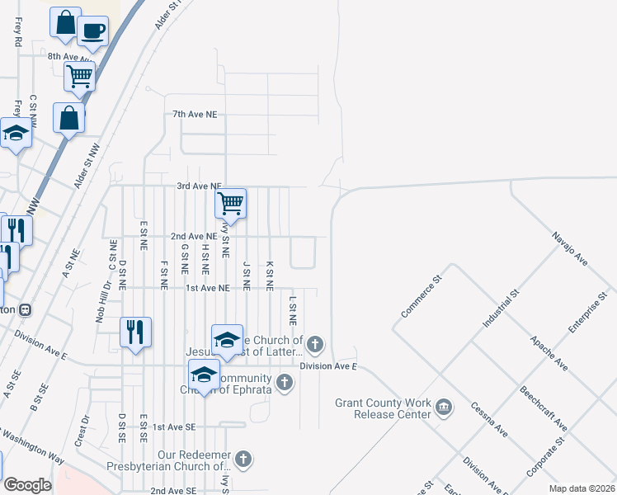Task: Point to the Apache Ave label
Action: [x=549, y=352]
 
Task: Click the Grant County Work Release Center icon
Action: [x=444, y=406]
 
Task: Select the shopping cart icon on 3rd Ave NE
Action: [x=230, y=201]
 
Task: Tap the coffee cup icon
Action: [x=92, y=31]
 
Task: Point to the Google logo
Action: [x=27, y=485]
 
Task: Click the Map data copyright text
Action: [x=582, y=488]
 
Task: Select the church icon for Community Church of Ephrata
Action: [x=285, y=382]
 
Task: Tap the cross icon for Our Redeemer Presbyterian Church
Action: [x=243, y=458]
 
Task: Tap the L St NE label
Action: [x=292, y=312]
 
